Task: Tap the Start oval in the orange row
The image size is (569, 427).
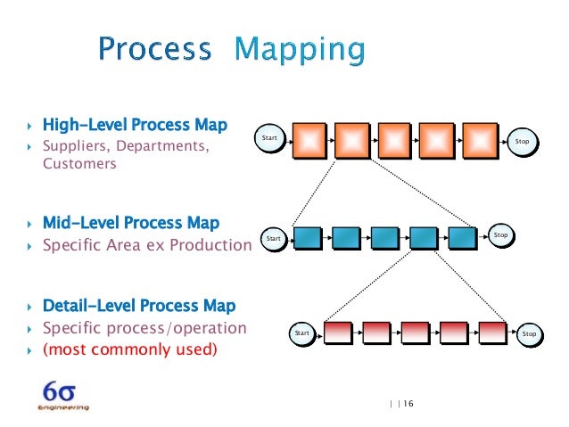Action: pos(270,139)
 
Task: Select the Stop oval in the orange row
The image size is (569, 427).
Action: pos(523,141)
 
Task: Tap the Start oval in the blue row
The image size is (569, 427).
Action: pos(274,239)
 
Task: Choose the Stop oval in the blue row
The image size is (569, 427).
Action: pos(501,235)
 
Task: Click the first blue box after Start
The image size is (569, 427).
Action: pos(308,238)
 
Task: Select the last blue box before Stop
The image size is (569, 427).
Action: pos(463,238)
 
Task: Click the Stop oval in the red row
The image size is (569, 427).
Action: pos(530,333)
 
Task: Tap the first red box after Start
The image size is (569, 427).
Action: pos(337,333)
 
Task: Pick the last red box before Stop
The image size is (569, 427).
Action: pos(492,333)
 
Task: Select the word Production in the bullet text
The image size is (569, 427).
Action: pos(211,244)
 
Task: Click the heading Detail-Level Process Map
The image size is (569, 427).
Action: pos(138,306)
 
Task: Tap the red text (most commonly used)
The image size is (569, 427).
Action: pos(129,349)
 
